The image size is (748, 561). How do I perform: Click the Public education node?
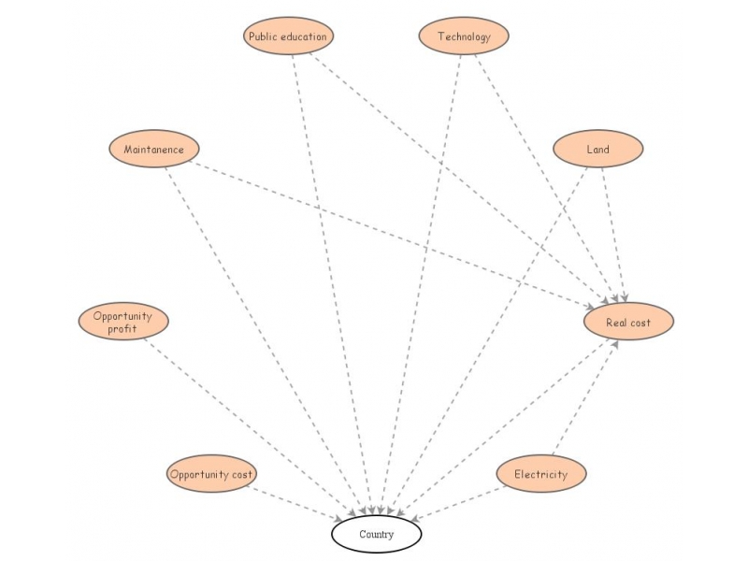(x=288, y=36)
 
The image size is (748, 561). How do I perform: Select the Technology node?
(x=463, y=36)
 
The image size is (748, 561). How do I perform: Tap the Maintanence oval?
(x=154, y=149)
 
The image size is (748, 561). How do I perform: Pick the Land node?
(x=597, y=149)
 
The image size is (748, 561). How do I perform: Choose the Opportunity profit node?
(x=122, y=322)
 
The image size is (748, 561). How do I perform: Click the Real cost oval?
(x=628, y=322)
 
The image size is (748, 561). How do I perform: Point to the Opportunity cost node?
(x=211, y=474)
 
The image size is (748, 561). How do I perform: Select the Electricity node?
(x=540, y=474)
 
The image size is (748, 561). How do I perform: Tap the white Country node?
(x=377, y=535)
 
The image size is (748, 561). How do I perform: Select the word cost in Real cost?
(x=640, y=323)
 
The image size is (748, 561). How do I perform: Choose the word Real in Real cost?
(x=615, y=323)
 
